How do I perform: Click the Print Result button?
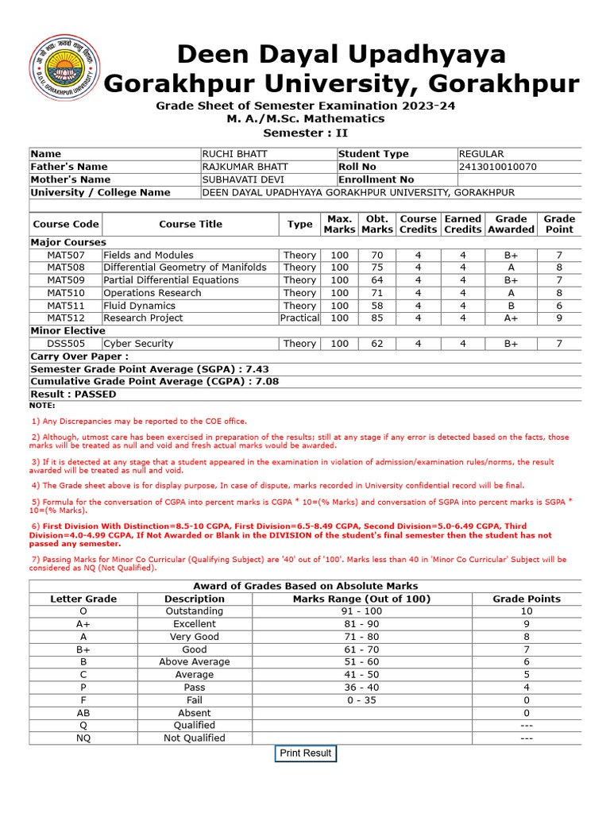point(306,753)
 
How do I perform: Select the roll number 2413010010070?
point(497,167)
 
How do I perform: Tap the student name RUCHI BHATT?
point(235,154)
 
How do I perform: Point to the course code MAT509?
point(66,280)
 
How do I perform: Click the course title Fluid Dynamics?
point(139,306)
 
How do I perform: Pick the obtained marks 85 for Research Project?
point(376,318)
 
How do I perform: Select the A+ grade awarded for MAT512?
point(511,318)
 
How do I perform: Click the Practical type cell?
point(299,318)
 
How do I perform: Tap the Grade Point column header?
point(559,224)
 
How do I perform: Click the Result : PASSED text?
point(73,395)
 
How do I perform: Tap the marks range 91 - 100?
point(361,611)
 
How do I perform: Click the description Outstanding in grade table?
point(195,611)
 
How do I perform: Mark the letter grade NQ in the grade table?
point(83,738)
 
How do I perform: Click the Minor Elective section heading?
point(68,331)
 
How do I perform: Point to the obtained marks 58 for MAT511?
point(376,306)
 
